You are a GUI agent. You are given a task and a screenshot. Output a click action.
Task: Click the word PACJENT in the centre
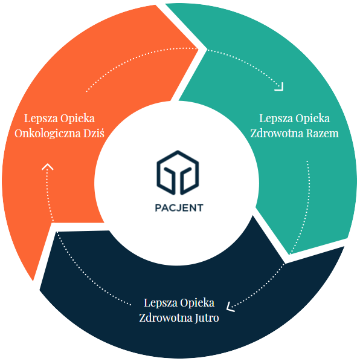[x=179, y=207]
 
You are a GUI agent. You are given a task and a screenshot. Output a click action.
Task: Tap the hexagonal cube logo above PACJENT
[x=178, y=173]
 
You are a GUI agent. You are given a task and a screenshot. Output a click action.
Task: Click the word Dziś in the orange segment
[x=94, y=133]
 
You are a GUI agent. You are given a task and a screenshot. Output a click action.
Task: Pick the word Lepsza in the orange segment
[x=41, y=119]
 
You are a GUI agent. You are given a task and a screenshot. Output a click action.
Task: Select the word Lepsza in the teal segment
[x=276, y=119]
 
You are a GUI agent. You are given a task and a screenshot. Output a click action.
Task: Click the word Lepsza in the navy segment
[x=161, y=303]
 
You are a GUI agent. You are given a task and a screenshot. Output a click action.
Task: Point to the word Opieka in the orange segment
[x=77, y=119]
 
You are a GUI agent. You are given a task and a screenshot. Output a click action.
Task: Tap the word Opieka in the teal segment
[x=313, y=119]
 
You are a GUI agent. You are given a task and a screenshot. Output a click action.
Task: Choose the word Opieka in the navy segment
[x=197, y=303]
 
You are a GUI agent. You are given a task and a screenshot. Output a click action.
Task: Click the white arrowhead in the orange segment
[x=47, y=167]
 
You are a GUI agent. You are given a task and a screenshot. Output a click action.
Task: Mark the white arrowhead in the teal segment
[x=280, y=87]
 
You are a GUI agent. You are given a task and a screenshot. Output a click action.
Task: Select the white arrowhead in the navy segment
[x=230, y=307]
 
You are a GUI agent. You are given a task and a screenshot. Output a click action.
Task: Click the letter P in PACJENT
[x=158, y=207]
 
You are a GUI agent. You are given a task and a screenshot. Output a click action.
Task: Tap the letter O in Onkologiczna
[x=19, y=134]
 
